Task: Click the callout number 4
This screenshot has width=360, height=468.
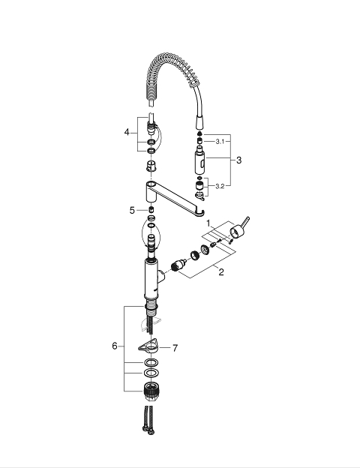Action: [x=127, y=132]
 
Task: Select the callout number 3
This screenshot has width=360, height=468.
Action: [x=238, y=160]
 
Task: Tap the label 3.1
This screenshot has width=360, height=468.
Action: [x=220, y=142]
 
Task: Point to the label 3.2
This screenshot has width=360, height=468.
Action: [x=220, y=186]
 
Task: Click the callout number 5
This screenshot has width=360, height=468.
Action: [x=132, y=211]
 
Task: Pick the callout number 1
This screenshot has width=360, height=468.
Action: [x=208, y=223]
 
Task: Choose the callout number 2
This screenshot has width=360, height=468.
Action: [x=221, y=272]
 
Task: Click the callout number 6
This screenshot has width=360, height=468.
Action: [x=115, y=346]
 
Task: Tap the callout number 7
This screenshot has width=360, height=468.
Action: [x=175, y=348]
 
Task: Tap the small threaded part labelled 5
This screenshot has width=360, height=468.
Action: [x=151, y=209]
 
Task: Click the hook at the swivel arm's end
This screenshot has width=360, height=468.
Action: [x=201, y=213]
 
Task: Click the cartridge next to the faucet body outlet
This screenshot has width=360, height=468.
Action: [x=178, y=265]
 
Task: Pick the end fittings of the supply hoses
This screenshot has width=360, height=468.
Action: [x=148, y=430]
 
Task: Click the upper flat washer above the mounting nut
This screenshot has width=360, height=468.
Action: [x=151, y=363]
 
